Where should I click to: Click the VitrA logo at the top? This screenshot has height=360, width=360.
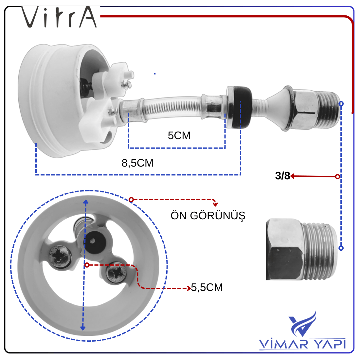(x=59, y=17)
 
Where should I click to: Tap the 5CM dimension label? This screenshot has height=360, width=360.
(x=179, y=135)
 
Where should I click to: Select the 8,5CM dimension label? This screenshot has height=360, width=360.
(x=137, y=163)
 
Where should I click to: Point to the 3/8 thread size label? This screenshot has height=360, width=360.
(x=282, y=176)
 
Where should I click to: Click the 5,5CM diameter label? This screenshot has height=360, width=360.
(x=207, y=287)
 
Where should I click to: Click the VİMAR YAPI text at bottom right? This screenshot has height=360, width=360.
(x=302, y=344)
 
